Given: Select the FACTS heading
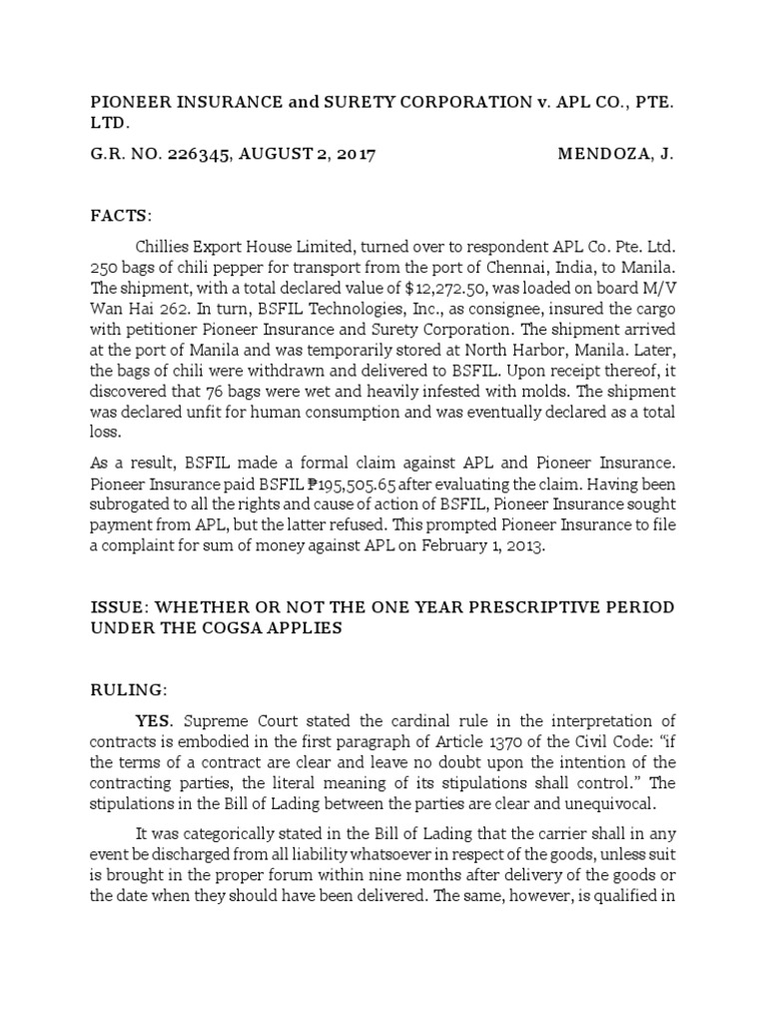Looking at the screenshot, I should click(121, 216).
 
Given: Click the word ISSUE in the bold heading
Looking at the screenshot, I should click(119, 607).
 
